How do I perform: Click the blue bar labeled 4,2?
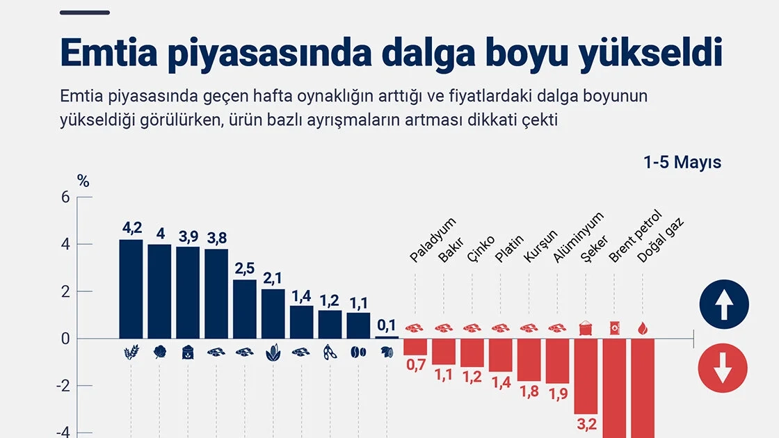tap(131, 289)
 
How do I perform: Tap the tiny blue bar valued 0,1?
tap(387, 337)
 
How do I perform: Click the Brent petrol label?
tap(636, 237)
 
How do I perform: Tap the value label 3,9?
tap(188, 236)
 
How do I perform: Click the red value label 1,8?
tap(529, 391)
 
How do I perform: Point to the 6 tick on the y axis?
tap(65, 197)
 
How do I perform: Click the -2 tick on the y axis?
tap(63, 386)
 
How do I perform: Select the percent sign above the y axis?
tap(83, 182)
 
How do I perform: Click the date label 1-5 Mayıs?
tap(682, 163)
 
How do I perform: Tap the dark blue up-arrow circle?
tap(724, 305)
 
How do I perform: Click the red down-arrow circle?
tap(723, 368)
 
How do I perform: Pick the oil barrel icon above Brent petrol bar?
tap(615, 328)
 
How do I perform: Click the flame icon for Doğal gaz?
tap(643, 328)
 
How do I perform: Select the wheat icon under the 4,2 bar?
tap(131, 352)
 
